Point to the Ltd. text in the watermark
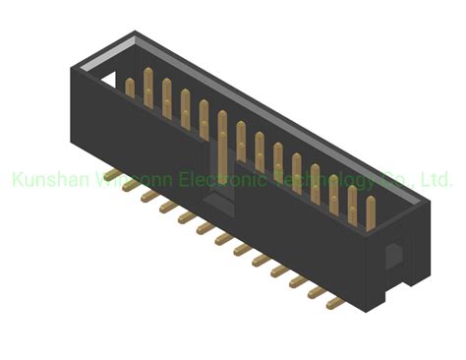(436, 181)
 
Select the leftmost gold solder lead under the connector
(111, 180)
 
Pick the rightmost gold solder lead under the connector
(335, 303)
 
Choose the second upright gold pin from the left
(147, 90)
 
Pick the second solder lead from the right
(317, 292)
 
